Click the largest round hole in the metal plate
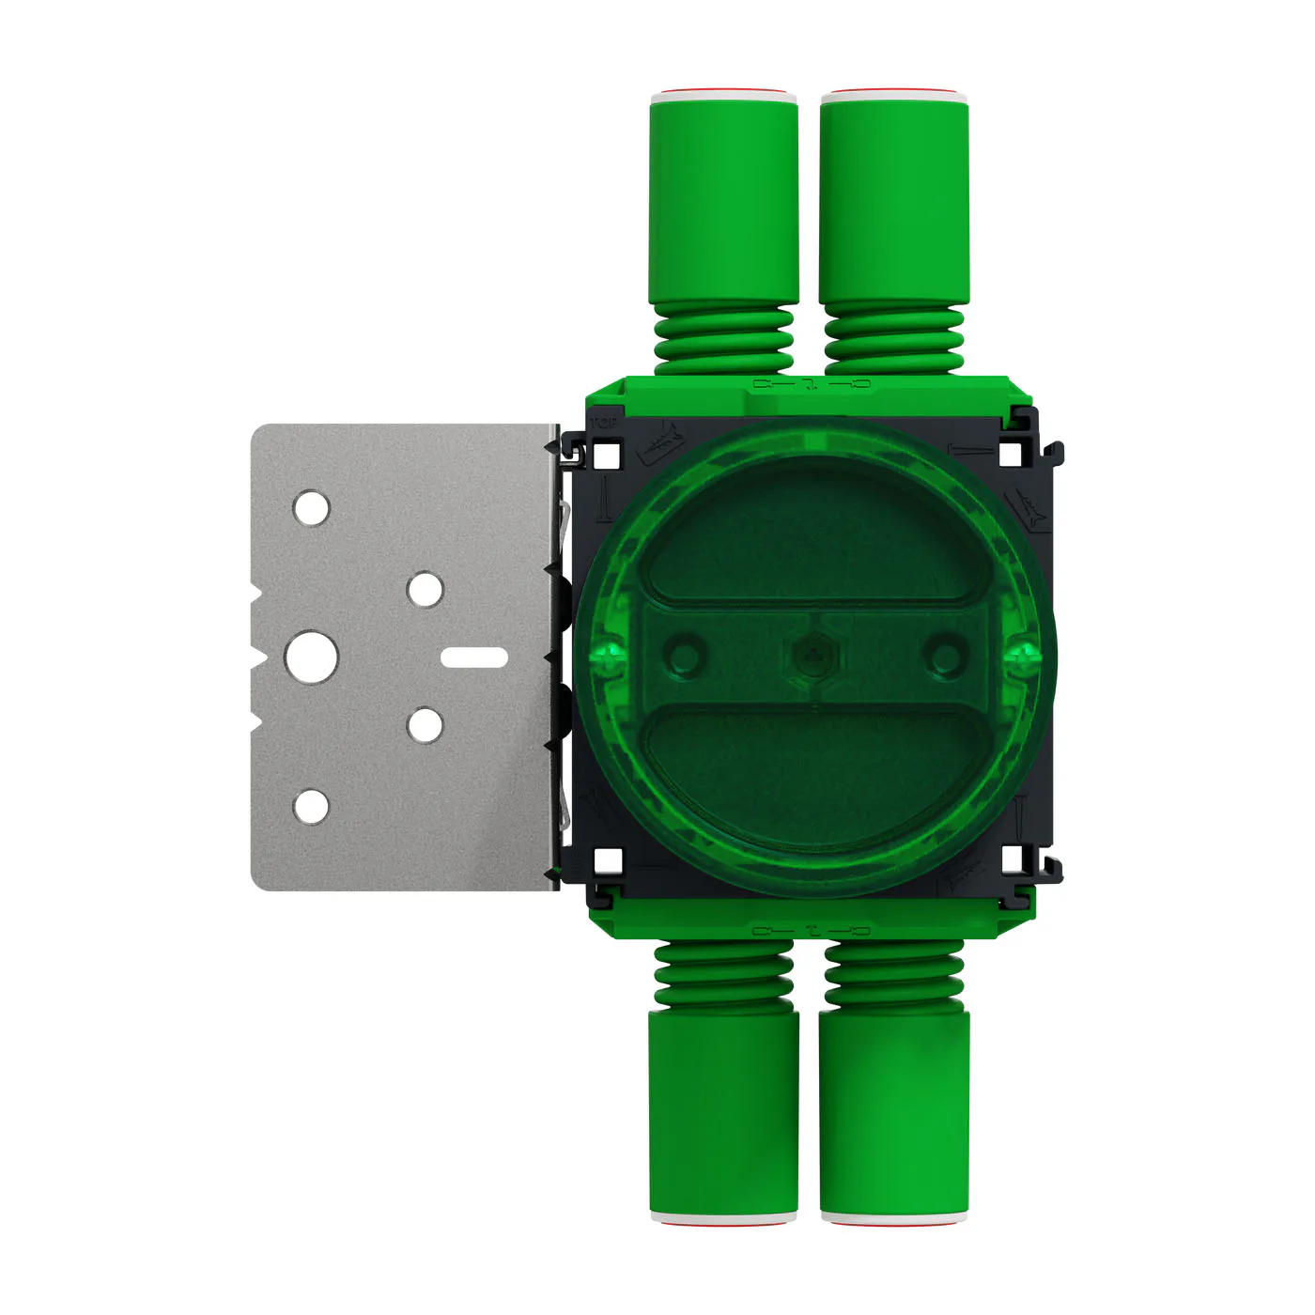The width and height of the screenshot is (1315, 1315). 312,657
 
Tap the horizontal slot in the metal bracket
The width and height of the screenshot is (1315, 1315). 474,657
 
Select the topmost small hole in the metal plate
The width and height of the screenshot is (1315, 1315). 312,508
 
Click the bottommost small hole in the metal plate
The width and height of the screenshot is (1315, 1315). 312,807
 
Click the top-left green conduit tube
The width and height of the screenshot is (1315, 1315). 723,202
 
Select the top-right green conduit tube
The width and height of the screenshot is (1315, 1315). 894,202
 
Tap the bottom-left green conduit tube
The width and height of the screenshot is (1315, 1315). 723,1113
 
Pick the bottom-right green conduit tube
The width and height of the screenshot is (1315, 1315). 894,1113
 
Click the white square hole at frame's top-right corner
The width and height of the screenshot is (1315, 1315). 1010,455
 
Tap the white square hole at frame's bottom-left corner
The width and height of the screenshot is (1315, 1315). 609,859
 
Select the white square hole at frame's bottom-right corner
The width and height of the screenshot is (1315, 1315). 1013,859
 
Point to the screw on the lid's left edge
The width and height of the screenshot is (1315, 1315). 609,656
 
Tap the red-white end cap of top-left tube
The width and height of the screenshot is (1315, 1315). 723,95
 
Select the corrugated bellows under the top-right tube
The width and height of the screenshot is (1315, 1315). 894,340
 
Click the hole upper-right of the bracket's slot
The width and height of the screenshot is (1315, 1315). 425,590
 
